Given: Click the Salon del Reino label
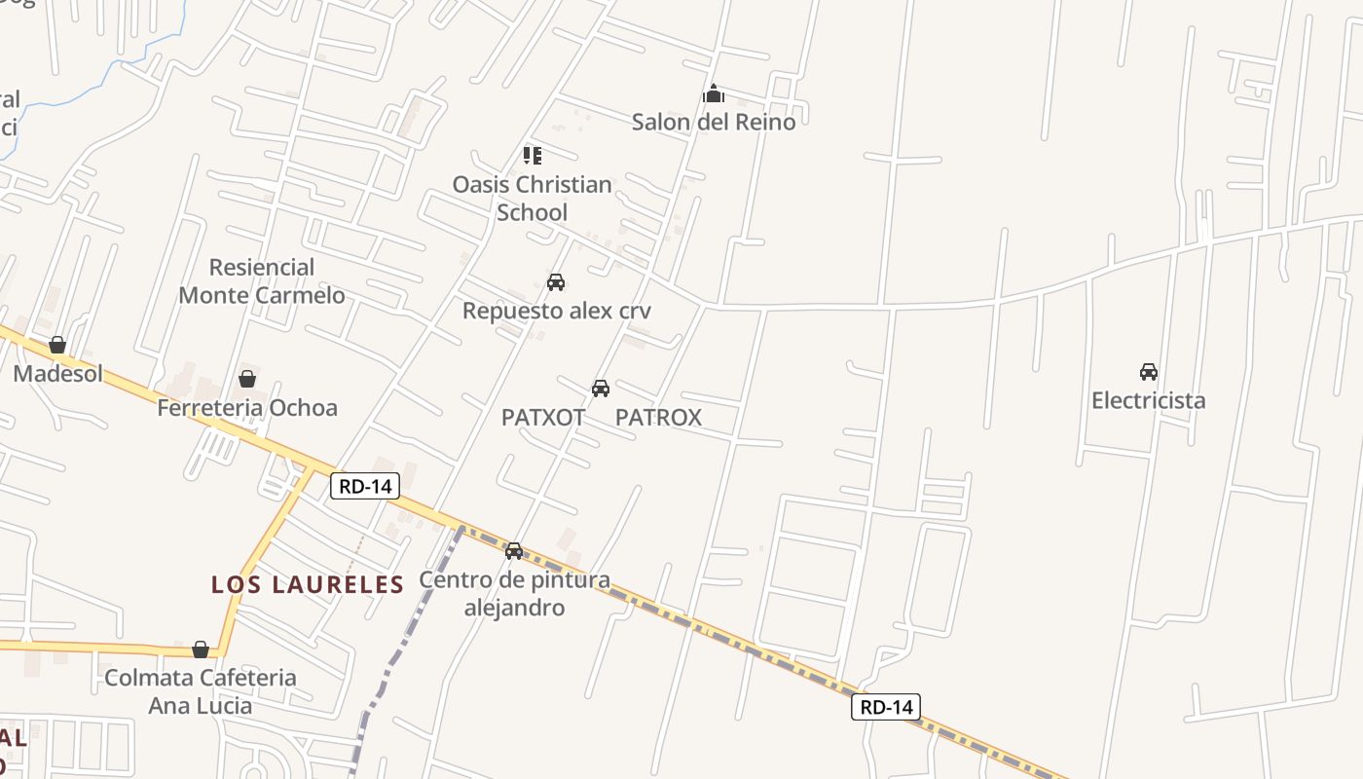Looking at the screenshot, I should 714,122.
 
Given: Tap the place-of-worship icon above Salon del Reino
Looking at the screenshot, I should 714,94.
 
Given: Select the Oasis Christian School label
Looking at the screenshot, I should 532,198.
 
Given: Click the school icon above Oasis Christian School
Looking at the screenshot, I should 532,155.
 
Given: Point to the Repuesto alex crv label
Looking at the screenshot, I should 556,311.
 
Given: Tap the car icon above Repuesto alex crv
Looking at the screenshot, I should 556,282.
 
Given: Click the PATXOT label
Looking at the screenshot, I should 543,418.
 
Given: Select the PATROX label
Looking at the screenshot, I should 658,418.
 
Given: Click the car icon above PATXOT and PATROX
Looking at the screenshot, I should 601,389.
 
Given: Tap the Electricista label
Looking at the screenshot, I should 1148,400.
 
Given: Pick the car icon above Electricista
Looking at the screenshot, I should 1149,372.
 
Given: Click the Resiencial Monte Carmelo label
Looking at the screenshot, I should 262,280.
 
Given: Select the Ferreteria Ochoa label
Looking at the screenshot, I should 247,407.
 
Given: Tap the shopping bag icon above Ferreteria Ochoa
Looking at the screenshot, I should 247,379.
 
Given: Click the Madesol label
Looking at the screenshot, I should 57,373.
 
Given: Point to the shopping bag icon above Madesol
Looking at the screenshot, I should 57,345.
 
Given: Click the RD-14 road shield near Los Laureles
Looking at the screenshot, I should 365,486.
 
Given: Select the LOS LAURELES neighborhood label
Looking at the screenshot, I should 308,584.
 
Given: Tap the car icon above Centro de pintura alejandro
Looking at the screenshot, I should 514,551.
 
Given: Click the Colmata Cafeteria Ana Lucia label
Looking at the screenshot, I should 200,690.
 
